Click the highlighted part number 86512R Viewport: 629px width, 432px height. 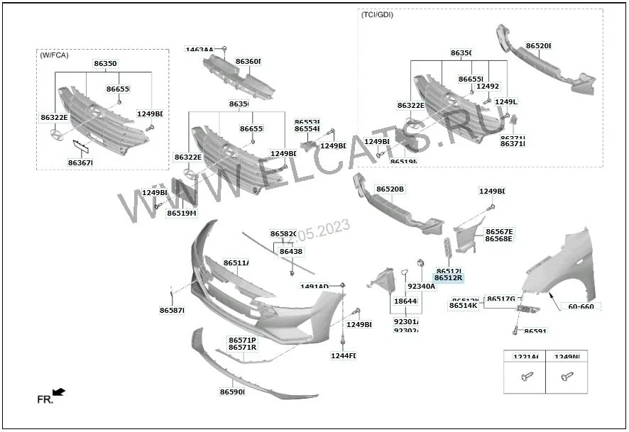[448, 278]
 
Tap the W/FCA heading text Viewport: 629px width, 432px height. [54, 55]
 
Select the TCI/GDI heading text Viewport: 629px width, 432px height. [377, 14]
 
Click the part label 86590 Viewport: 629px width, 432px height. [231, 392]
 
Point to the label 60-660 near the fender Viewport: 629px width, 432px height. [581, 306]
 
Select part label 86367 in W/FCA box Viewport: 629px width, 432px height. [80, 162]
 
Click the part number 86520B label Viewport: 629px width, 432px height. [390, 189]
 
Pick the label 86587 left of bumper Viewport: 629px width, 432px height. [172, 310]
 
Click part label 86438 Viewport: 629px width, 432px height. [290, 251]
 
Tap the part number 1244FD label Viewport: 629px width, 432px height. [344, 355]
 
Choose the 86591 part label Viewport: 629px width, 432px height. [535, 331]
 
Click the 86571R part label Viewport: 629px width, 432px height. [242, 348]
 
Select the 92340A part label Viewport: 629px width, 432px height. [421, 287]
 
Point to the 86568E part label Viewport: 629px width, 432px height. [498, 239]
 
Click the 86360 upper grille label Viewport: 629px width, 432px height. [248, 62]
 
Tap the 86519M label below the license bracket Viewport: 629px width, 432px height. [182, 213]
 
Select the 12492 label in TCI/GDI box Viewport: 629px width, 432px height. [488, 87]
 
